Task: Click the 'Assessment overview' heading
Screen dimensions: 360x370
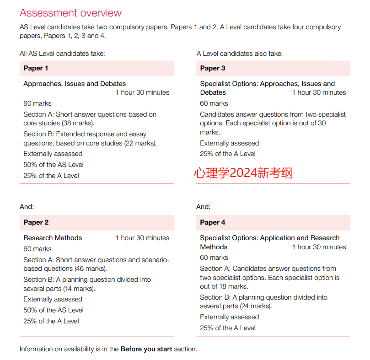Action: click(x=71, y=12)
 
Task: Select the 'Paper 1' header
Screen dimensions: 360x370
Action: click(x=36, y=68)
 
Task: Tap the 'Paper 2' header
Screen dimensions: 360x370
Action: click(x=36, y=222)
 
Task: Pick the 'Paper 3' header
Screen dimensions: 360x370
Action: click(x=213, y=68)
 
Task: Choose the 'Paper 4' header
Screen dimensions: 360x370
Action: click(x=213, y=222)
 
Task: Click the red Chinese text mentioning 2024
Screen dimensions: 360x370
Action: click(x=243, y=173)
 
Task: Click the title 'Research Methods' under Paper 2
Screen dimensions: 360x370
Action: click(x=53, y=238)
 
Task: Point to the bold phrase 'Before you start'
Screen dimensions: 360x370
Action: click(x=146, y=349)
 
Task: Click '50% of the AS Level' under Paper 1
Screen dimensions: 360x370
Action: click(x=54, y=165)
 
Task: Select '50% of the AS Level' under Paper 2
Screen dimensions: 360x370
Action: click(x=54, y=310)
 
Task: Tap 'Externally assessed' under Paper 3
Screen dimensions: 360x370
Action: click(x=230, y=143)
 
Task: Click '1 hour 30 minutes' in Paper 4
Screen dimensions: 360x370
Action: click(x=319, y=247)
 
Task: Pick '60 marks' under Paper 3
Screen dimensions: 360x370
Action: click(x=214, y=103)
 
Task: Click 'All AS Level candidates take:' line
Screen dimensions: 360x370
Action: click(x=62, y=54)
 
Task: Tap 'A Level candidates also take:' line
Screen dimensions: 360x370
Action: click(x=240, y=54)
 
